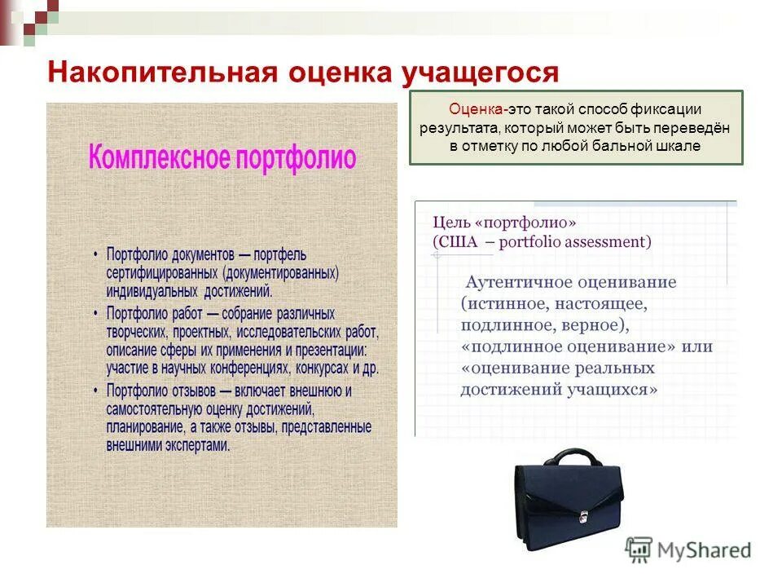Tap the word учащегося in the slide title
pos(480,73)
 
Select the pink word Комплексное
pos(160,157)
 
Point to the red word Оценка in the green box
pos(476,109)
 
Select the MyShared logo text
pos(705,550)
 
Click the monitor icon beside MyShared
pos(639,549)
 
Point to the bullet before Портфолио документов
pos(96,254)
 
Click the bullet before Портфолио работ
pos(96,313)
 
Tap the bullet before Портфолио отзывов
pos(96,391)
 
